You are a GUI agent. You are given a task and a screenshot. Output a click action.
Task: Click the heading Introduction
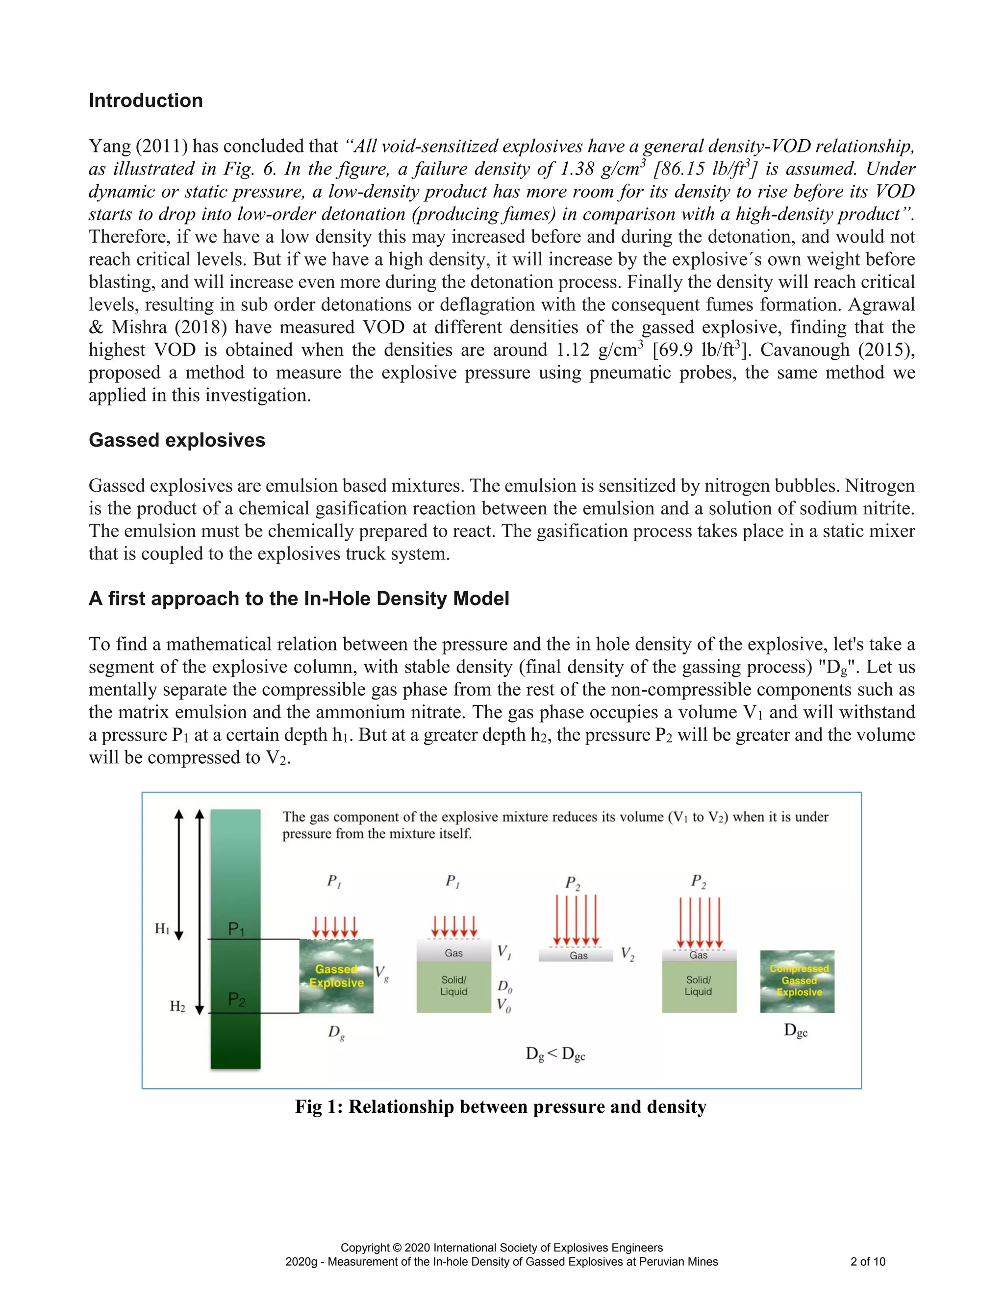point(146,100)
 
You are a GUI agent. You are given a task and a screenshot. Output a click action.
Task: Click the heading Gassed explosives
point(176,440)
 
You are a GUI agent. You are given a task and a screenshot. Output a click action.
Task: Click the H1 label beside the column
point(162,928)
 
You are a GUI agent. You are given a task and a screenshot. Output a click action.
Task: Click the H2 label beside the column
point(177,1006)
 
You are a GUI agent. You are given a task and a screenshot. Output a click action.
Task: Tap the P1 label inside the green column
point(236,928)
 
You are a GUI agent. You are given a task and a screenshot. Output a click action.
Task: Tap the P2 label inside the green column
point(236,1000)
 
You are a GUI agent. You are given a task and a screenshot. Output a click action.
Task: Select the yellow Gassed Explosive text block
point(336,976)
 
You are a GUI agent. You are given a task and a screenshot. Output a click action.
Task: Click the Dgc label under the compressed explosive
point(796,1031)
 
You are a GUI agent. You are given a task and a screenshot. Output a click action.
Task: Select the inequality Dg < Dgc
point(555,1054)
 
